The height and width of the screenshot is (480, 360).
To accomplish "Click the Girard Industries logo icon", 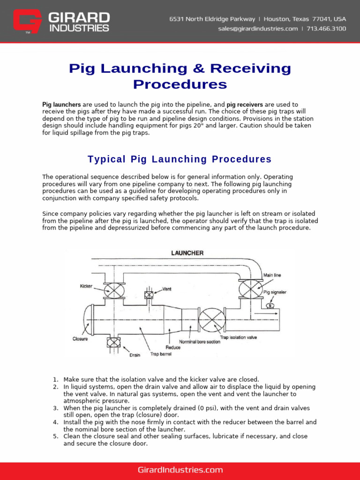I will (x=28, y=22).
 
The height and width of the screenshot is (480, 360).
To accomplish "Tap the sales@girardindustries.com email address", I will (x=258, y=29).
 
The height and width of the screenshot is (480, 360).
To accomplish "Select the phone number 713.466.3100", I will (x=326, y=29).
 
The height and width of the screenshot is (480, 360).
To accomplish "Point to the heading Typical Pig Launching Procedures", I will (x=180, y=159).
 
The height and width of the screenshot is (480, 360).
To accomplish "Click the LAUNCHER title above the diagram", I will (x=187, y=253).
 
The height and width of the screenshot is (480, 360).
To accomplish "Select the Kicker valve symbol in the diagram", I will (x=112, y=290).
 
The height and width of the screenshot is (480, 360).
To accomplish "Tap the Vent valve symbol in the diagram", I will (x=149, y=295).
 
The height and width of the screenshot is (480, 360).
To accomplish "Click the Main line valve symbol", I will (x=251, y=289).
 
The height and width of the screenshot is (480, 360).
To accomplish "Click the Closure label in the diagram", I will (x=80, y=339).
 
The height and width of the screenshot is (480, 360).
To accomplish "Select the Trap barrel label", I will (x=160, y=354).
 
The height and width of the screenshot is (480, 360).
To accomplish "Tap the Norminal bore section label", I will (x=199, y=342).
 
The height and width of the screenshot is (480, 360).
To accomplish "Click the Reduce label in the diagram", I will (x=173, y=347).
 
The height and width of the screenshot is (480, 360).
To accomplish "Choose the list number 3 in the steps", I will (x=55, y=408).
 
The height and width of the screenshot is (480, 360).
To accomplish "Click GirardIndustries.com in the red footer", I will (x=180, y=470).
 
